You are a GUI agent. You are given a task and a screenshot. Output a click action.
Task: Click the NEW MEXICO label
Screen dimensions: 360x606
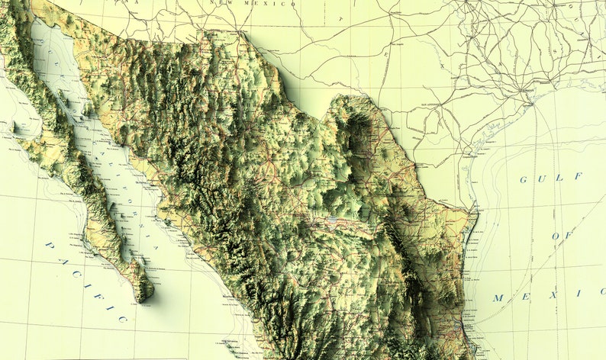coord(269,4)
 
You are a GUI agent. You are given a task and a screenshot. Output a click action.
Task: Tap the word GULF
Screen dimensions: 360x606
coord(561,178)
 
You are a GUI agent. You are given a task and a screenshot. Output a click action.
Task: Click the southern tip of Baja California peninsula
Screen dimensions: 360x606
coord(143,297)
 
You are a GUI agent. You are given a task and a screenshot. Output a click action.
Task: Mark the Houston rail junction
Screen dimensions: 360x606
coord(526,91)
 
